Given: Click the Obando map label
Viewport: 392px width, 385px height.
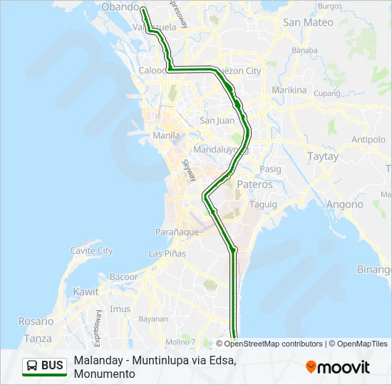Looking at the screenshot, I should pos(120,6).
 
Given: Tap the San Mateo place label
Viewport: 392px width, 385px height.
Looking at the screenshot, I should pos(308,22).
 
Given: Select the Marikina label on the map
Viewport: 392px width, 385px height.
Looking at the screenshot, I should pos(289,91).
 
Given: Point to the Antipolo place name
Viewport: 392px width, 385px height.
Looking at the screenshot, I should pos(368,139).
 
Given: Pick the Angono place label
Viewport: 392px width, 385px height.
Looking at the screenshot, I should pos(344,204).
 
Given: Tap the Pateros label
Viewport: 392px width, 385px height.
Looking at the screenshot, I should pos(254,184).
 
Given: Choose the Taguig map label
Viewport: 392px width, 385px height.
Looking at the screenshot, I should pos(263,204).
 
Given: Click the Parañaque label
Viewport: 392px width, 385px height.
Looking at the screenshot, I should pos(177,232).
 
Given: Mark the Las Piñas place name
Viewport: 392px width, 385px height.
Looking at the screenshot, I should pos(167,253).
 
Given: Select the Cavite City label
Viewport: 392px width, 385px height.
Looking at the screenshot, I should pos(91,250).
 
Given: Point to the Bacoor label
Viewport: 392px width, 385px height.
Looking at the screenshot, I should pos(124,277).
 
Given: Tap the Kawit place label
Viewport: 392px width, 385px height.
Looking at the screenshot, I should pos(86,292).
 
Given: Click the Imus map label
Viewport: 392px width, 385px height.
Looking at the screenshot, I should pos(120,309).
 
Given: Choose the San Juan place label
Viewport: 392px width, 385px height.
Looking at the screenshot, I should pos(217,120).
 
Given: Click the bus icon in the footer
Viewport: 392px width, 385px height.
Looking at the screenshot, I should pos(32,366).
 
